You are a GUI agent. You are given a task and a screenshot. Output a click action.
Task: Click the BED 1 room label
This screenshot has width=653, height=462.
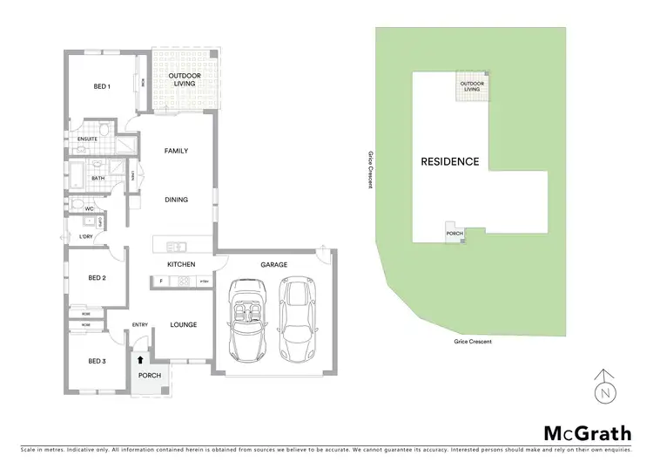(103, 86)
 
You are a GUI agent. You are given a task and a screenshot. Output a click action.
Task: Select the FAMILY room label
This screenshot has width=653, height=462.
(177, 151)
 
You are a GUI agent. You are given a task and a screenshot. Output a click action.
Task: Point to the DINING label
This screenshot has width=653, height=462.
(177, 200)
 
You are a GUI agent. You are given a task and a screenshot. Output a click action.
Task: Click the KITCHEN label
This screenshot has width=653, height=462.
(181, 264)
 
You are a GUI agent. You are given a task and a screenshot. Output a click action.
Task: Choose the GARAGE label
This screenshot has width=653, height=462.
(273, 264)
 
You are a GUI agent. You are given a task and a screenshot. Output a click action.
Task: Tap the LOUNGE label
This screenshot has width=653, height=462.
(183, 325)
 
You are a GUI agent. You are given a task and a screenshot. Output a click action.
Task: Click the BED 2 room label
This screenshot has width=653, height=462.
(97, 278)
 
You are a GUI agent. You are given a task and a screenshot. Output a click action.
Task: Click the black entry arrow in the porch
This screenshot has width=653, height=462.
(140, 358)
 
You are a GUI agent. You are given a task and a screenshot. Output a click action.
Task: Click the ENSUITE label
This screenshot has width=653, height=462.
(87, 139)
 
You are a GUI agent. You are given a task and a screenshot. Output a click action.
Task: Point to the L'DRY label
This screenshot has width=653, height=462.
(86, 236)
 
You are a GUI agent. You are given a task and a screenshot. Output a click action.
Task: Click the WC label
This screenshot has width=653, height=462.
(89, 209)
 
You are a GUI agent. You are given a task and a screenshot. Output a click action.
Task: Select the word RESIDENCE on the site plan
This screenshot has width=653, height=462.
(449, 161)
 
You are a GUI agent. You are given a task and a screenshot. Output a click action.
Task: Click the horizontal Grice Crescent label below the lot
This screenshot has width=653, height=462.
(473, 342)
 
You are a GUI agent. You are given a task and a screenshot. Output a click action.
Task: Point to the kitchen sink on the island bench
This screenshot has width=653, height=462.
(176, 246)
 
